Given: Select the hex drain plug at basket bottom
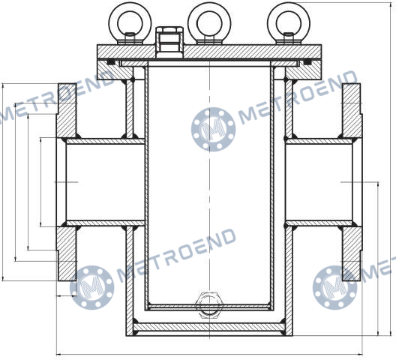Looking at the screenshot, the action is coord(209,305).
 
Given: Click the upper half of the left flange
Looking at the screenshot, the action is coord(66,110).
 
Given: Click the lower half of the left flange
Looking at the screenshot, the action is coord(66,253).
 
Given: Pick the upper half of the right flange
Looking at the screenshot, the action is coord(352,110).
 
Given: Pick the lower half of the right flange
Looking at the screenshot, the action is coord(352,253).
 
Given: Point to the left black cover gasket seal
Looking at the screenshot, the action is coord(111,62).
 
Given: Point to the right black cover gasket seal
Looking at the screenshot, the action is coord(307,62).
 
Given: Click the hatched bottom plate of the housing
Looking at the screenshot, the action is coord(209,328).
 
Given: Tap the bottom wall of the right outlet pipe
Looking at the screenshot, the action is coord(319,223).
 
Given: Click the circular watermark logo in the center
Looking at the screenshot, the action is coord(214,129).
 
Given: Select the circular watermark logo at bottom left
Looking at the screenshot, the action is coord(92,287).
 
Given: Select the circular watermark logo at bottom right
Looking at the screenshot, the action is coord(335,287).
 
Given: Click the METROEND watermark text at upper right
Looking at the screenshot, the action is coord(298,97).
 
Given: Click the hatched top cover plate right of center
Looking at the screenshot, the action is coord(253,52).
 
